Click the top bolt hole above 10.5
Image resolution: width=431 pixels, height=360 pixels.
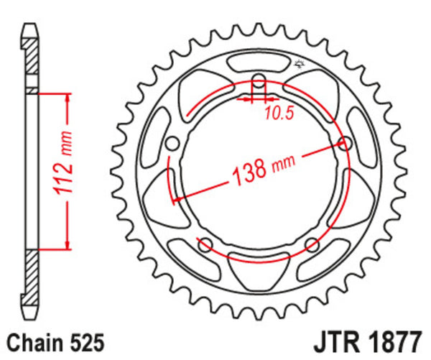coord(259,80)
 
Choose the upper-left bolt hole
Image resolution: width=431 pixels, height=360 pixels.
coord(172,143)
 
